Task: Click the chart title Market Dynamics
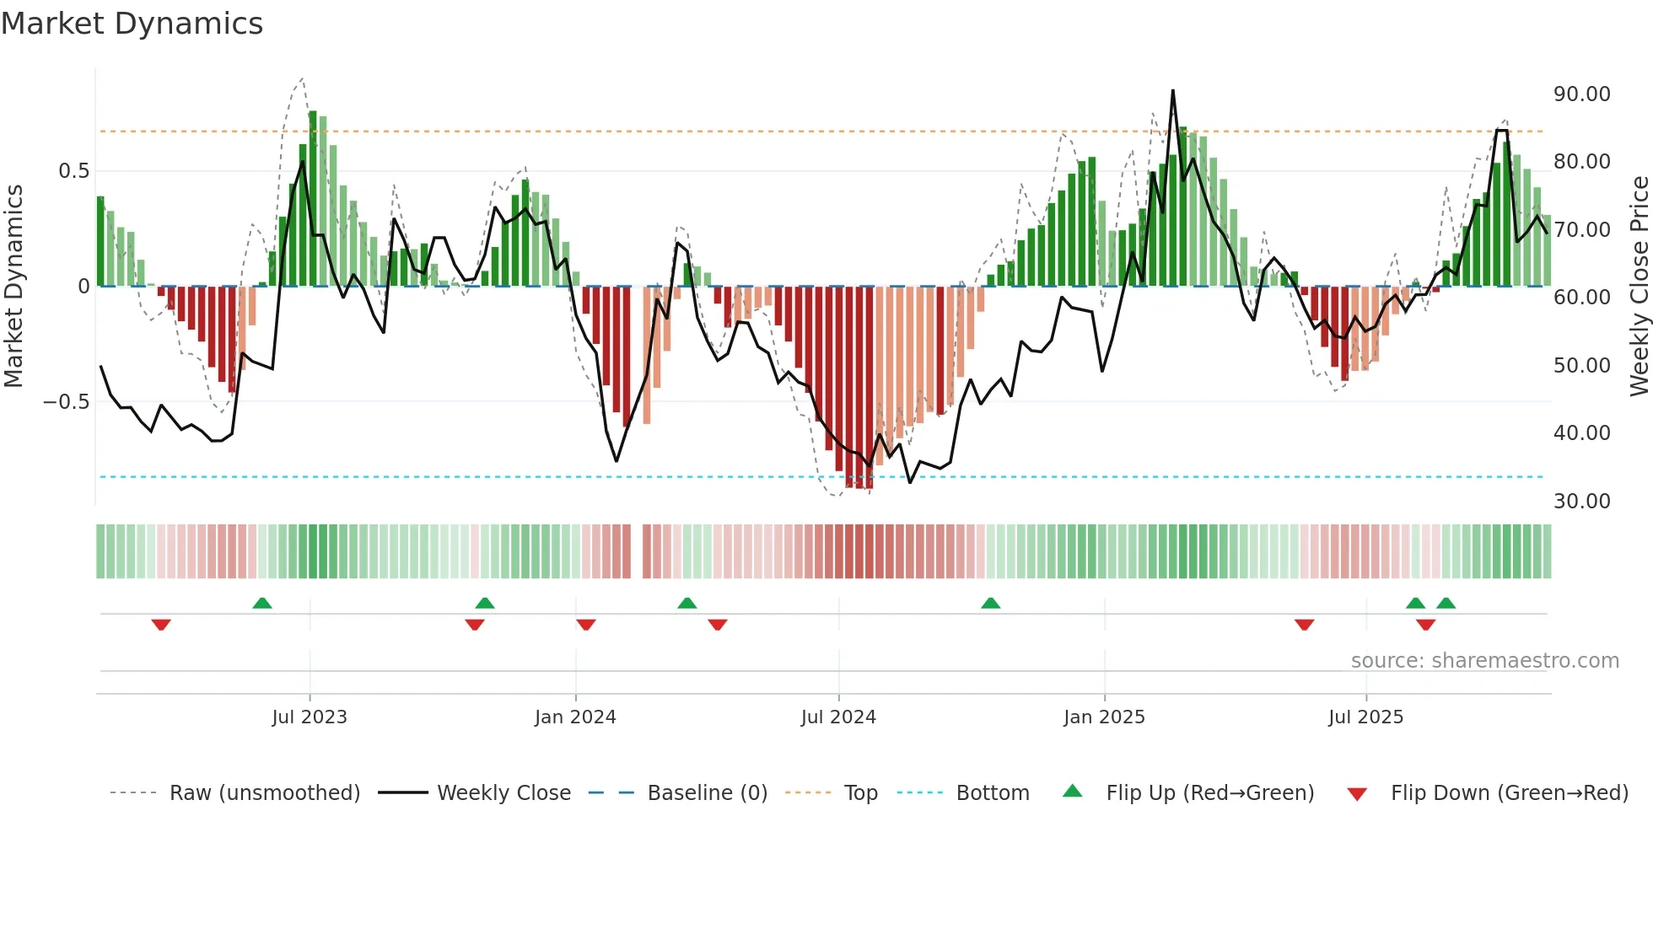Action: (132, 24)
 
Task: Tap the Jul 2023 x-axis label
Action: (310, 717)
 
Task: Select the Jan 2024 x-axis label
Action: (575, 717)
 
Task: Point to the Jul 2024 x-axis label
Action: (838, 717)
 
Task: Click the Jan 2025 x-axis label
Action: (1104, 717)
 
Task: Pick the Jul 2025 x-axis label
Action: (1365, 717)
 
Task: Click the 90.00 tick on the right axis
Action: (1581, 94)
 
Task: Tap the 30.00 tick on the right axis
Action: (1581, 502)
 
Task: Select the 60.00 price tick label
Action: (1581, 298)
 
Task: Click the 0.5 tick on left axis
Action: (73, 171)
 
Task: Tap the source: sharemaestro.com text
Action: (1484, 661)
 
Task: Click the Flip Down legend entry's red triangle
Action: (1357, 794)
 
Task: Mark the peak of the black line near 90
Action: (1172, 91)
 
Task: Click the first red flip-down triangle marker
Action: (161, 625)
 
